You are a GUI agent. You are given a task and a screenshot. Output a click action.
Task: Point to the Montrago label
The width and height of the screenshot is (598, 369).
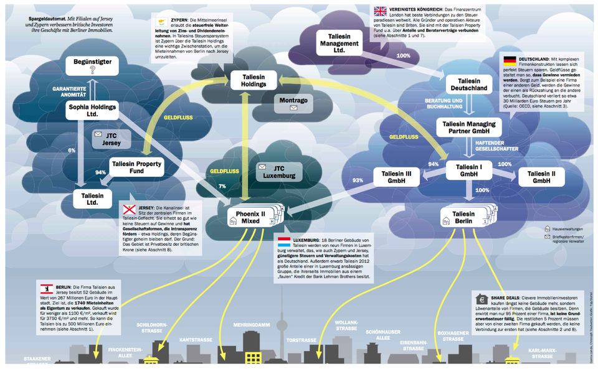pos(292,100)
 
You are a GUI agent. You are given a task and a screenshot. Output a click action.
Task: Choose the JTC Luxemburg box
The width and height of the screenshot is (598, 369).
pos(279,172)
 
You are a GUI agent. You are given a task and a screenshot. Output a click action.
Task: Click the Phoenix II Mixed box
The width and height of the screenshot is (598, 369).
pos(254,218)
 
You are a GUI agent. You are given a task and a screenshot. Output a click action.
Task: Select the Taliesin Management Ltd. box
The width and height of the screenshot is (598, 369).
pos(339,42)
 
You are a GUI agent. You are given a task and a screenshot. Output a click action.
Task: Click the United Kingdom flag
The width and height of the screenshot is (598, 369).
pos(380,11)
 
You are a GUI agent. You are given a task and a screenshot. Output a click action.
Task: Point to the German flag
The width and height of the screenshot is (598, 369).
pos(509,60)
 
